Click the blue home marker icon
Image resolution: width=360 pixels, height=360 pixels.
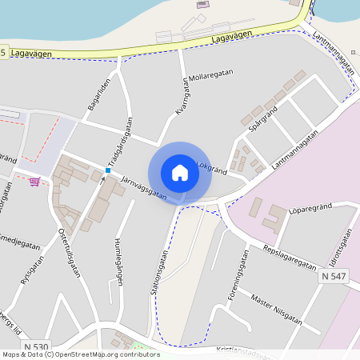tap(180, 173)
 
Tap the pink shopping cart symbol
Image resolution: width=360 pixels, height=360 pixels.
tap(34, 181)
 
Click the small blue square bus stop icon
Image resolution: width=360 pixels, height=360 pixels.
tap(108, 170)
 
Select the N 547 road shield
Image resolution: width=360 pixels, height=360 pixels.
tap(333, 276)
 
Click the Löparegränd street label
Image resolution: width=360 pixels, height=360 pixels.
tap(310, 208)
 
